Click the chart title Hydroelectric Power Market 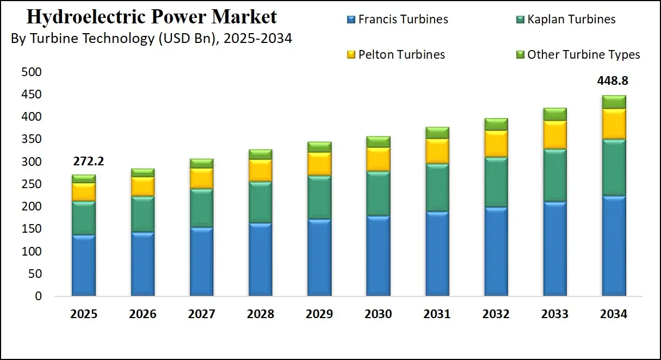[152, 17]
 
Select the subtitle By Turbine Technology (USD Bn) [151, 39]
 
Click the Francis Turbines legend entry [403, 20]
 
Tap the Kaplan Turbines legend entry [571, 20]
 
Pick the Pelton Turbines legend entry [401, 54]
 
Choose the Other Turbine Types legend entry [583, 54]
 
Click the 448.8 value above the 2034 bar [613, 81]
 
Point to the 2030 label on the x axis [378, 314]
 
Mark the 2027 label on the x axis [201, 314]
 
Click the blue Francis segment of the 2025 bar [84, 265]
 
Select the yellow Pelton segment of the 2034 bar [613, 124]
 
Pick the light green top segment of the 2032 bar [496, 125]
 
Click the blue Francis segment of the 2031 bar [437, 253]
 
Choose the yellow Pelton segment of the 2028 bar [261, 171]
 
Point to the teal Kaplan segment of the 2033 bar [554, 175]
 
